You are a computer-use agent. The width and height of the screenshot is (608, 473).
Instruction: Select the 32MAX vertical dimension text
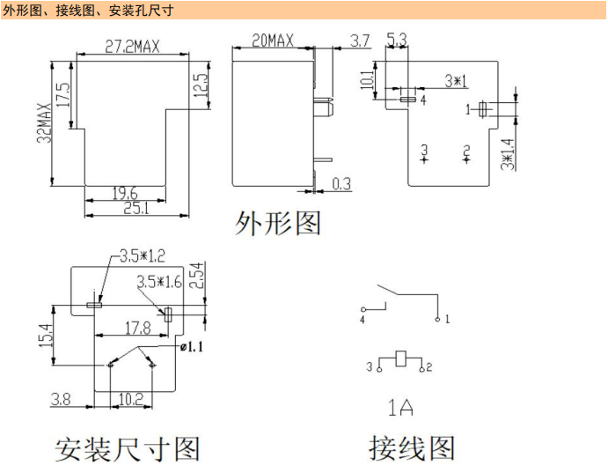pyautogui.click(x=43, y=123)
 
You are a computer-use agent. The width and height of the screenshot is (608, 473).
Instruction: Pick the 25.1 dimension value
pyautogui.click(x=135, y=209)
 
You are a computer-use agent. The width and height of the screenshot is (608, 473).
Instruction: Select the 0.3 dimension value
pyautogui.click(x=341, y=184)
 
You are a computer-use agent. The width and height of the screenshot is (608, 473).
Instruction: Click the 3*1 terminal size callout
pyautogui.click(x=455, y=81)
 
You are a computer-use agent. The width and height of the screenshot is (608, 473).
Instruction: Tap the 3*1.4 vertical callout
pyautogui.click(x=507, y=153)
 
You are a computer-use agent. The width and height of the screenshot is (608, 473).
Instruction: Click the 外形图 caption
pyautogui.click(x=278, y=223)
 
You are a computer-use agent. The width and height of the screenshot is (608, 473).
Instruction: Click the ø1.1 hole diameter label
pyautogui.click(x=191, y=347)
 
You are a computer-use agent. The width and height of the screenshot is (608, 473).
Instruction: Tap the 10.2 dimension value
pyautogui.click(x=131, y=399)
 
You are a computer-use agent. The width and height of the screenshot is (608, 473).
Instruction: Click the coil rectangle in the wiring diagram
pyautogui.click(x=400, y=358)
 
